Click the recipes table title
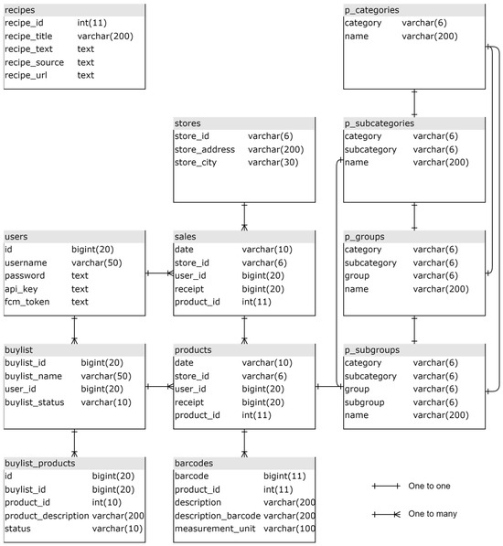point(19,10)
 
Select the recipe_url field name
point(26,75)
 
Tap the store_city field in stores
point(196,162)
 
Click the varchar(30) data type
point(273,162)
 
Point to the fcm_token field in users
point(27,302)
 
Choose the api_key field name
point(21,289)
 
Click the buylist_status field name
point(35,402)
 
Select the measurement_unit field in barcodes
point(215,529)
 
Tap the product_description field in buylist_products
point(47,516)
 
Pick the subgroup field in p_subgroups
point(365,402)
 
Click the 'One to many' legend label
point(433,514)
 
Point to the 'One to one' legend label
point(429,486)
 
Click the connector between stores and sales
point(244,216)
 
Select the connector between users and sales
point(159,273)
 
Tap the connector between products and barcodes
point(244,443)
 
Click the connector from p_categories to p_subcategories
point(414,103)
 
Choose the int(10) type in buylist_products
point(106,502)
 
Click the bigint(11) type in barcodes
point(284,476)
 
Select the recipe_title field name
point(28,37)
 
